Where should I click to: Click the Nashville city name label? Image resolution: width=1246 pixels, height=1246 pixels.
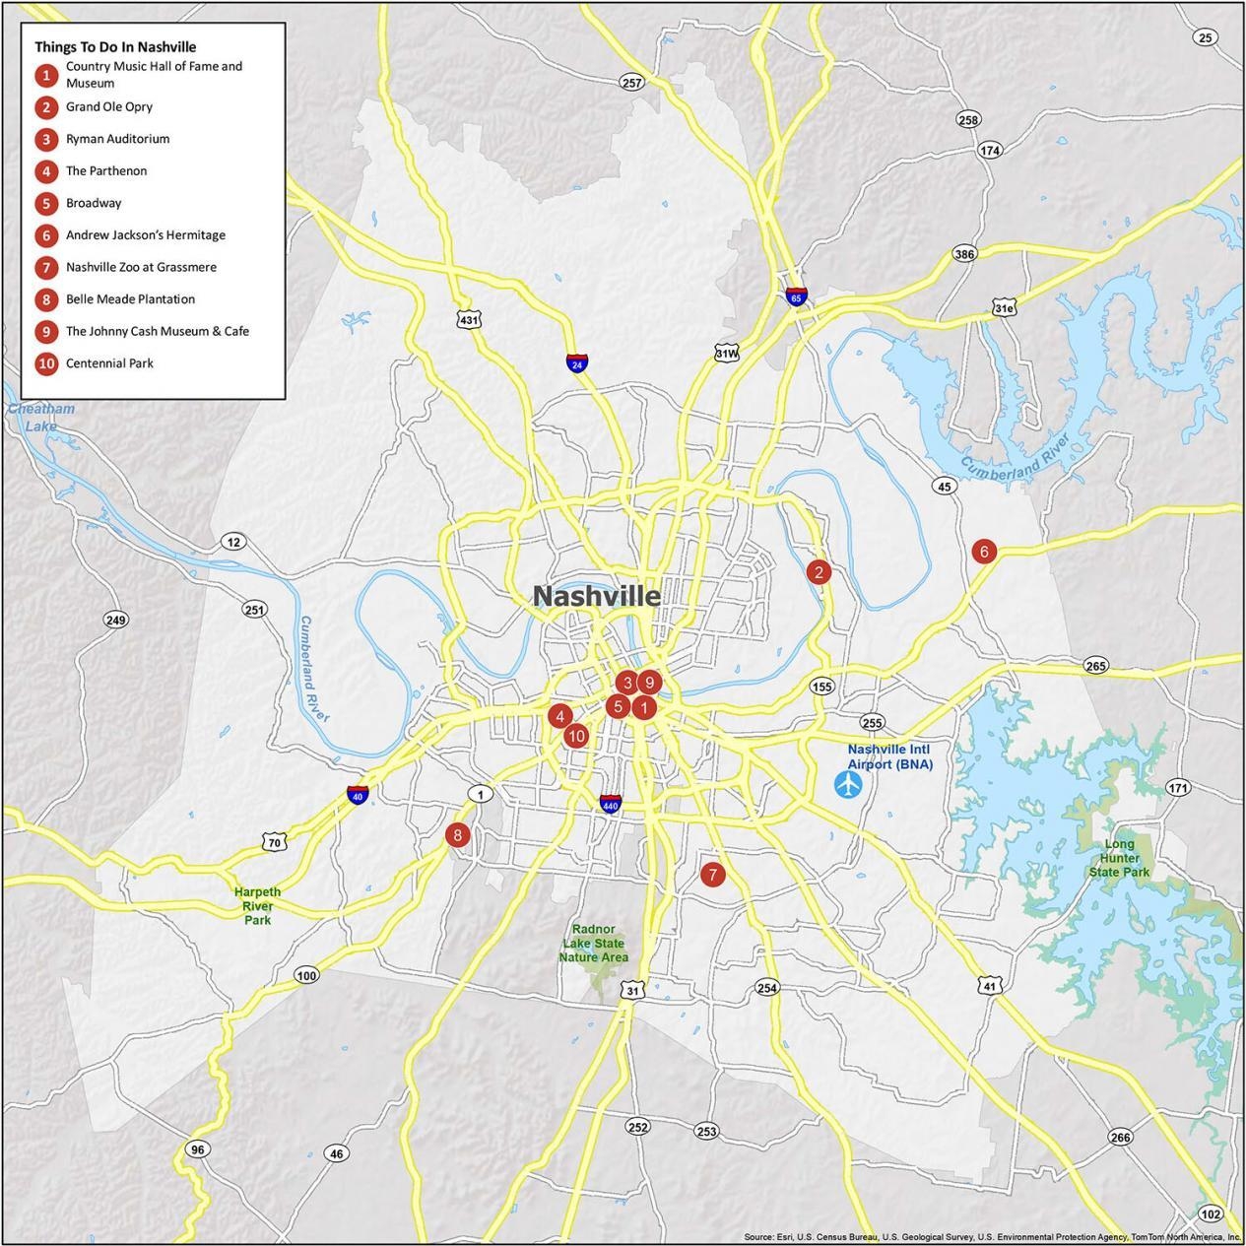point(597,596)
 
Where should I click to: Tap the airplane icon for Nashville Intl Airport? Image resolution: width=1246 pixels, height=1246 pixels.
point(847,785)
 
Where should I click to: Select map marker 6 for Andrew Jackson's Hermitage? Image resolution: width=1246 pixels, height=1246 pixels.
point(983,552)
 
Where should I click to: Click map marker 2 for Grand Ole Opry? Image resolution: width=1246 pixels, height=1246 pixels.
point(818,571)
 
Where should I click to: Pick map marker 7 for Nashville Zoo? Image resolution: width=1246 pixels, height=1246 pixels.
point(712,874)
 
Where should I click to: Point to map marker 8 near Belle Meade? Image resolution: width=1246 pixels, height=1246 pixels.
point(457,835)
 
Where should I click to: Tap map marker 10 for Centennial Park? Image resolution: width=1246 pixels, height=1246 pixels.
point(576,736)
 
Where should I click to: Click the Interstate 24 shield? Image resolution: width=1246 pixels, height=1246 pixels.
point(576,363)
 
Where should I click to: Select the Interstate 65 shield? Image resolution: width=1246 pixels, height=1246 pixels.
point(796,297)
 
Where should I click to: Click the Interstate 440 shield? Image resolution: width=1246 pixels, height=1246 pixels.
point(611,804)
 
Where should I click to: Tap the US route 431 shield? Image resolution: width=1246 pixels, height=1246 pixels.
point(470,320)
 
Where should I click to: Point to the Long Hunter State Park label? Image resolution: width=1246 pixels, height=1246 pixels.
point(1120,858)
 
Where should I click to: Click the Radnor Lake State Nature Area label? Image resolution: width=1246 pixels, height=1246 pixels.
point(593,943)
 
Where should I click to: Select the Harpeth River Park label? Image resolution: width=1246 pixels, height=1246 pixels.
point(257,905)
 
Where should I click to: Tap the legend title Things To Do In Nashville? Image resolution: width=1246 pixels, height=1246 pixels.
point(115,47)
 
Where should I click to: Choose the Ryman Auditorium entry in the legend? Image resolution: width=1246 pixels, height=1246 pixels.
point(117,139)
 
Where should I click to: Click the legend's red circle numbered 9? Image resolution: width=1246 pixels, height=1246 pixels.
point(46,332)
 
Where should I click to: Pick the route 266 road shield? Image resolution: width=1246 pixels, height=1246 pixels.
point(1120,1138)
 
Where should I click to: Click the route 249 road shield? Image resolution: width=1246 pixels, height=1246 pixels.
point(116,620)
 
